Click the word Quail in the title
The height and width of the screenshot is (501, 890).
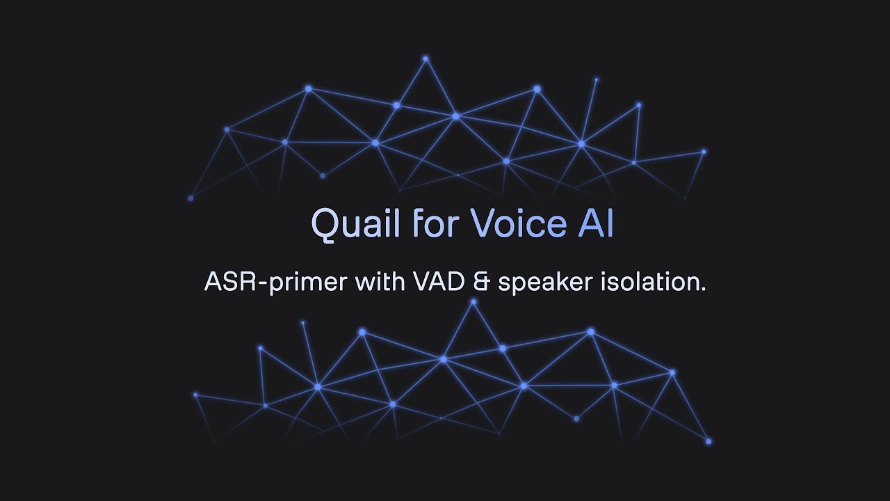[355, 224]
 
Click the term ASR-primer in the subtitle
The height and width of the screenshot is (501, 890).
[275, 283]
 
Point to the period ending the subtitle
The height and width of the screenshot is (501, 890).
[704, 289]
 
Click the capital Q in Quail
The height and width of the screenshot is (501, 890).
[324, 224]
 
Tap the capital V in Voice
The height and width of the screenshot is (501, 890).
[481, 224]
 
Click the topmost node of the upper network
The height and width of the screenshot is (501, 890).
[426, 59]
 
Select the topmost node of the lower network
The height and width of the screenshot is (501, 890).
[474, 302]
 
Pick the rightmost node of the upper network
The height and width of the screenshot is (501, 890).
[704, 151]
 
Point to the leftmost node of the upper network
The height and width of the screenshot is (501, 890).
[191, 198]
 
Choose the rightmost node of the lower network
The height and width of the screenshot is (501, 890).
[709, 441]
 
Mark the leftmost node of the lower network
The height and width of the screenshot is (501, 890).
[195, 395]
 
